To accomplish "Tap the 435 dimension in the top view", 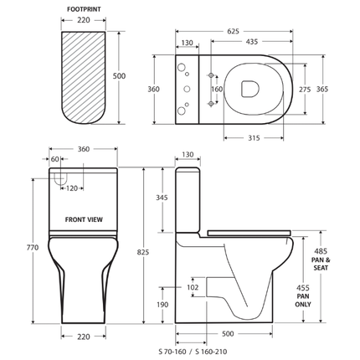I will coord(249,41).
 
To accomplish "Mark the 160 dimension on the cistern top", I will coord(218,89).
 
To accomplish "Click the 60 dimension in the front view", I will coord(55,158).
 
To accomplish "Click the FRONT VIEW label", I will coord(84,219).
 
